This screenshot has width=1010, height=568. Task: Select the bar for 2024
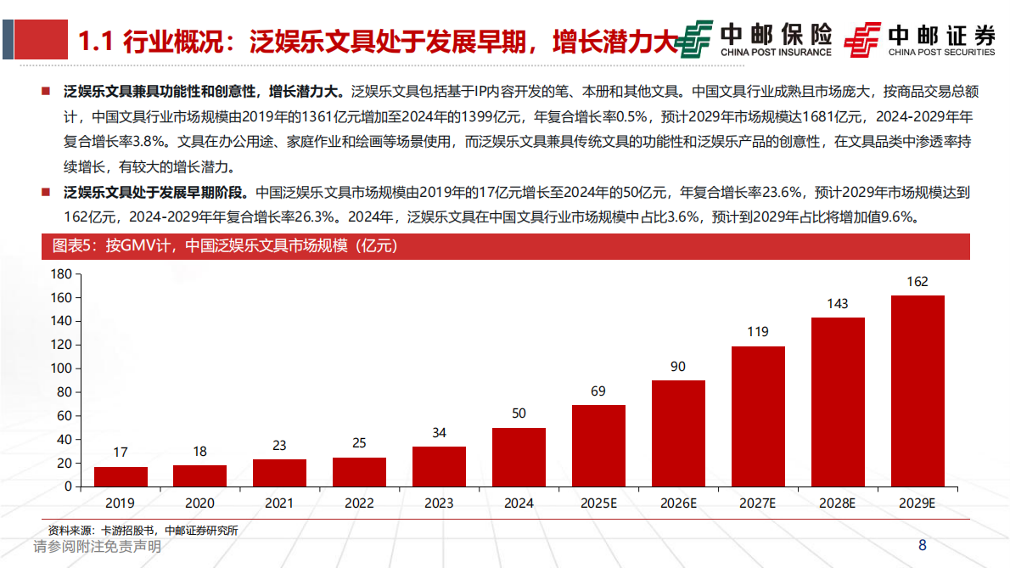pos(519,457)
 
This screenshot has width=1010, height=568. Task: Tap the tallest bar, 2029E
pos(917,391)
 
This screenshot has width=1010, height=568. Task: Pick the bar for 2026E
pos(678,433)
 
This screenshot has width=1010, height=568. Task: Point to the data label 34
pos(439,433)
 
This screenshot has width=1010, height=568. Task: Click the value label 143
pos(837,304)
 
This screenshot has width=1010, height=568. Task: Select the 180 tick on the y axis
pos(61,274)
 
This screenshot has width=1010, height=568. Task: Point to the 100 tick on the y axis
pos(61,368)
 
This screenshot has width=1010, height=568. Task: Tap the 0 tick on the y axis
pos(69,486)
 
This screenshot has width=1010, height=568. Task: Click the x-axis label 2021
pos(279,503)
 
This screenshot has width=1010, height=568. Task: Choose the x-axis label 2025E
pos(598,503)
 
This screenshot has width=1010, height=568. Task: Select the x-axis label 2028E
pos(837,503)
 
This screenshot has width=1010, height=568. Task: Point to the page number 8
pos(922,546)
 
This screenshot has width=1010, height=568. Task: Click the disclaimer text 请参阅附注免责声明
pos(97,548)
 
